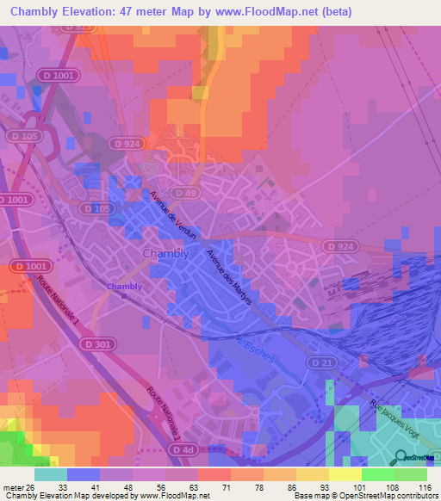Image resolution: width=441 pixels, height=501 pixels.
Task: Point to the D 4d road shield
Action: pos(182,449)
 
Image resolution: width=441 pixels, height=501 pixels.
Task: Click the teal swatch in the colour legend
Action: pos(51,474)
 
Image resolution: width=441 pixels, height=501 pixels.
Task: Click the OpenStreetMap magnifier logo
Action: pos(401,457)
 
